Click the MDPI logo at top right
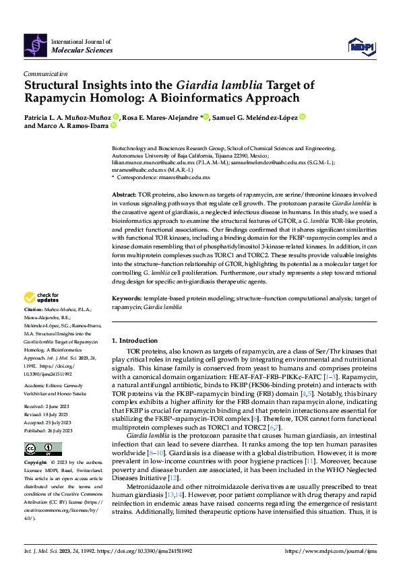(x=361, y=45)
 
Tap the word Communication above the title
(x=45, y=74)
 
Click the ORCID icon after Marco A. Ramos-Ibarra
(x=113, y=125)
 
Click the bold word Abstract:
(x=125, y=193)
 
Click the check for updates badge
(x=42, y=296)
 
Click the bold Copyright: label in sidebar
(x=36, y=463)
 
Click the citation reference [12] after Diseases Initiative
(x=174, y=477)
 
